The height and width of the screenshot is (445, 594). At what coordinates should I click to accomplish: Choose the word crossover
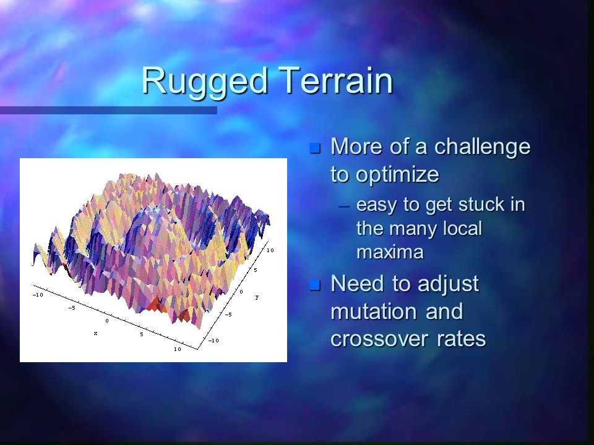[x=382, y=339]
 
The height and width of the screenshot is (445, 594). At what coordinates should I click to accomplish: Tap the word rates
[x=459, y=339]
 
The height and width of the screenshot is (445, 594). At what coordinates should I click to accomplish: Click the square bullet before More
[x=316, y=148]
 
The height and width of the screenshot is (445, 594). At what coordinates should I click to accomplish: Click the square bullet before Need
[x=316, y=286]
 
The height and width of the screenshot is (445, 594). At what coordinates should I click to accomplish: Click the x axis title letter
[x=96, y=333]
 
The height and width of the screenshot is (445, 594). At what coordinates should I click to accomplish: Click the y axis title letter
[x=256, y=297]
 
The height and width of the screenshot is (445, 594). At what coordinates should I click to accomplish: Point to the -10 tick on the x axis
[x=38, y=295]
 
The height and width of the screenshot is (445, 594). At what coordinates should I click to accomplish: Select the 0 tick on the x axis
[x=106, y=321]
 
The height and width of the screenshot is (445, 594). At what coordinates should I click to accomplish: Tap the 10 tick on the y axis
[x=270, y=250]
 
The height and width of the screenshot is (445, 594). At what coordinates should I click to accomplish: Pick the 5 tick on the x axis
[x=141, y=334]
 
